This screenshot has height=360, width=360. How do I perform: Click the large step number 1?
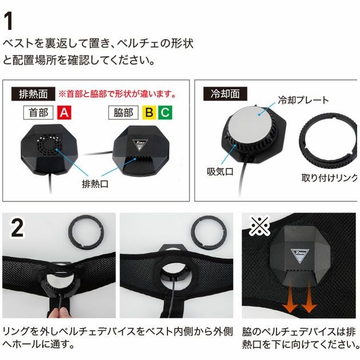9,21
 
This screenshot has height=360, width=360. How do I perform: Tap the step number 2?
17,227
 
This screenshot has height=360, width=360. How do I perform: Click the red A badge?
64,113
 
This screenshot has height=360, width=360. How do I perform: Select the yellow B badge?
149,113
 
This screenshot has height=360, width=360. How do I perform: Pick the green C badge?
165,113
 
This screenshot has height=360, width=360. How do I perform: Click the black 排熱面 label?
33,94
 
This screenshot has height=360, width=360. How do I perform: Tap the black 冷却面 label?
225,94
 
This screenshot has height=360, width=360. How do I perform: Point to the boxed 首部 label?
38,113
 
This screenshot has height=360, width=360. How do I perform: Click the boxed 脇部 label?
123,113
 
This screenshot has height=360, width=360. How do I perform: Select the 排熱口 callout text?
95,183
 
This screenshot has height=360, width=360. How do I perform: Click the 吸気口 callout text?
220,171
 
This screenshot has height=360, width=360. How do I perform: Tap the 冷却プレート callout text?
303,100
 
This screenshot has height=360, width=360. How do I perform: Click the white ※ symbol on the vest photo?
259,225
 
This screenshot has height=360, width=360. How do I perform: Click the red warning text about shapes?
117,94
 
